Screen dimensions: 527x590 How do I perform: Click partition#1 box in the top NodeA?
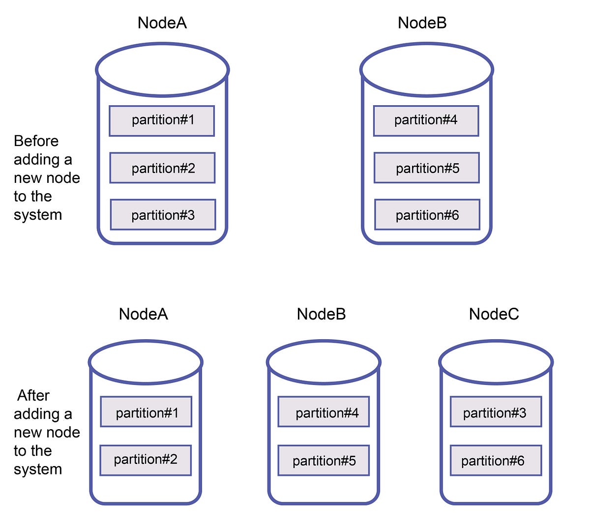162,120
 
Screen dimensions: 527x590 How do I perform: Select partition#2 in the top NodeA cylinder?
162,168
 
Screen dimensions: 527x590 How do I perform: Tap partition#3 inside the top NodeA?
163,215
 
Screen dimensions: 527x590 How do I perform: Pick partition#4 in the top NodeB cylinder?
426,120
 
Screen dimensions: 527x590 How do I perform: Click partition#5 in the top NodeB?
426,168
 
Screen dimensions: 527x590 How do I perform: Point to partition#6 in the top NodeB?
427,215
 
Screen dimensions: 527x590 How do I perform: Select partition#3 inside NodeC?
496,412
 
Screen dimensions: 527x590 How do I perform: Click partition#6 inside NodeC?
496,461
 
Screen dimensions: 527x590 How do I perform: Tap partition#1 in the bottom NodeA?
146,412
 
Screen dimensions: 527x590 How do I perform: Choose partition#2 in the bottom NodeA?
146,460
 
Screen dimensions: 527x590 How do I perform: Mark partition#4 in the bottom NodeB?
324,412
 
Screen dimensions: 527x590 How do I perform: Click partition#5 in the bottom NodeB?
324,461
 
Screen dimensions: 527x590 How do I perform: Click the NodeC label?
494,314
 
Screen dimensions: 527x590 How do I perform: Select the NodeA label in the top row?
162,23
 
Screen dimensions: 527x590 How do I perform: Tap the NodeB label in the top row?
422,23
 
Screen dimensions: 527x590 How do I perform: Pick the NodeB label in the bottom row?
321,314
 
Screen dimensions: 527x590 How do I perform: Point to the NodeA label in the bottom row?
143,314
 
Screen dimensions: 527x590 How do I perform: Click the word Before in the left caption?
36,141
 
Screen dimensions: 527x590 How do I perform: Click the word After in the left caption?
33,396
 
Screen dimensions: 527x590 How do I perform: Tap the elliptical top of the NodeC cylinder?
496,362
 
